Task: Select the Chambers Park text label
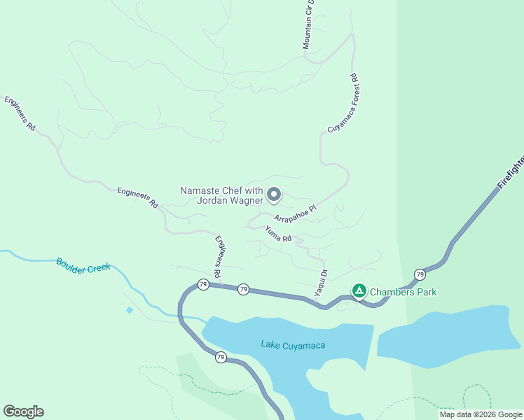403,291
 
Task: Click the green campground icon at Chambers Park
359,290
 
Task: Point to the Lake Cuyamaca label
293,344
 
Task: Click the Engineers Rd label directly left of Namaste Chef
137,197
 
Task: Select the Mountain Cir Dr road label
309,24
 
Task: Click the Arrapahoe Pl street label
296,213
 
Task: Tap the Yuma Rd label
278,234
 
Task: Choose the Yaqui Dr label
321,282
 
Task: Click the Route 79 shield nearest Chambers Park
419,274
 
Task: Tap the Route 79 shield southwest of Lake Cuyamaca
221,357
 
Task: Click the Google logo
23,412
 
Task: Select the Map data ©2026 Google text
480,414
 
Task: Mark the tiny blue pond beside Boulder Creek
130,309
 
